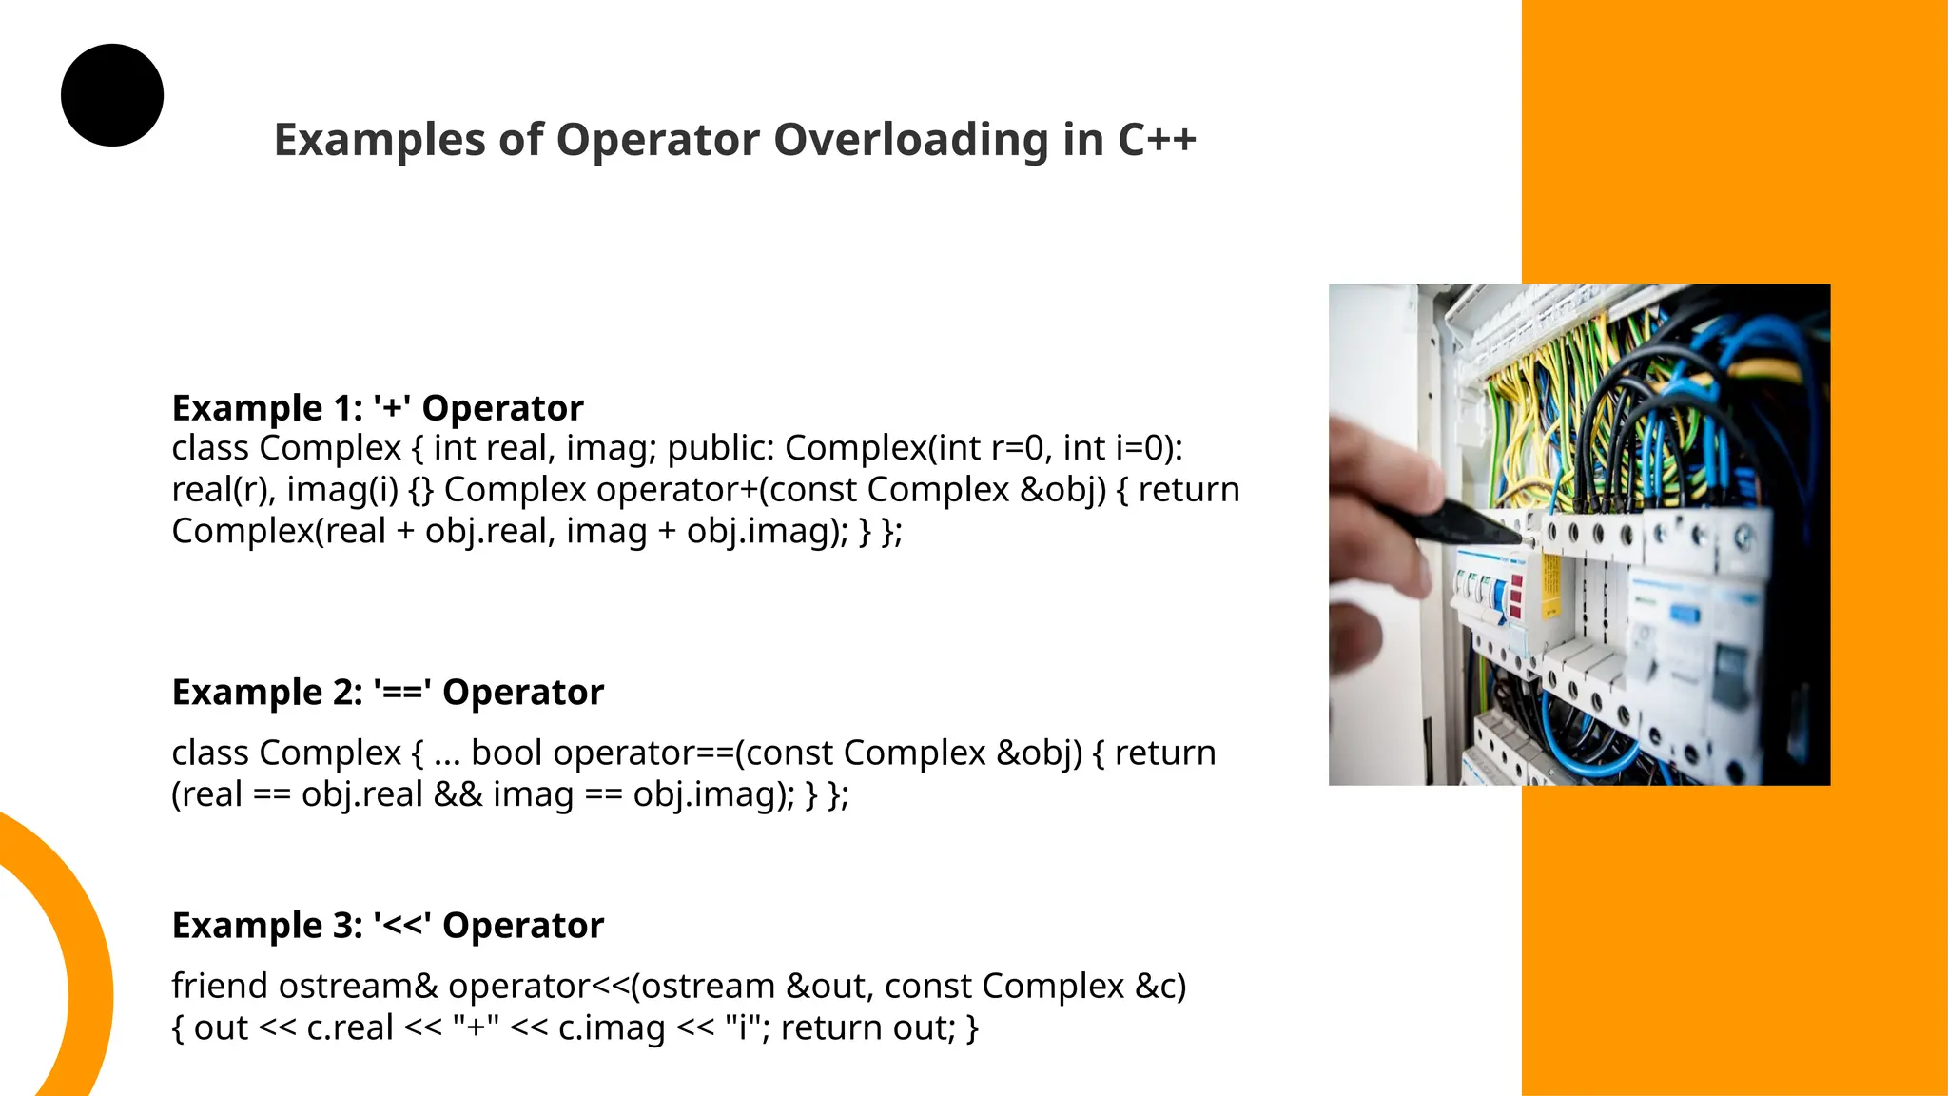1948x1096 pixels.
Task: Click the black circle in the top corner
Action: pyautogui.click(x=112, y=95)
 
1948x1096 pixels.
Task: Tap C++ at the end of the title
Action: pyautogui.click(x=1157, y=140)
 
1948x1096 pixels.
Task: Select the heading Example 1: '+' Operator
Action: pyautogui.click(x=378, y=407)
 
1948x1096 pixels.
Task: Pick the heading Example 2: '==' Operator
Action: pyautogui.click(x=387, y=692)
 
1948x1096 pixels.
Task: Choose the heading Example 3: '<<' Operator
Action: pyautogui.click(x=387, y=925)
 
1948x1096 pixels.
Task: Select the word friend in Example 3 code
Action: pyautogui.click(x=220, y=986)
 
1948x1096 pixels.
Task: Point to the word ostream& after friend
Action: pyautogui.click(x=358, y=986)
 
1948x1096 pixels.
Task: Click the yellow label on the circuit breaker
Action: pyautogui.click(x=1550, y=584)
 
